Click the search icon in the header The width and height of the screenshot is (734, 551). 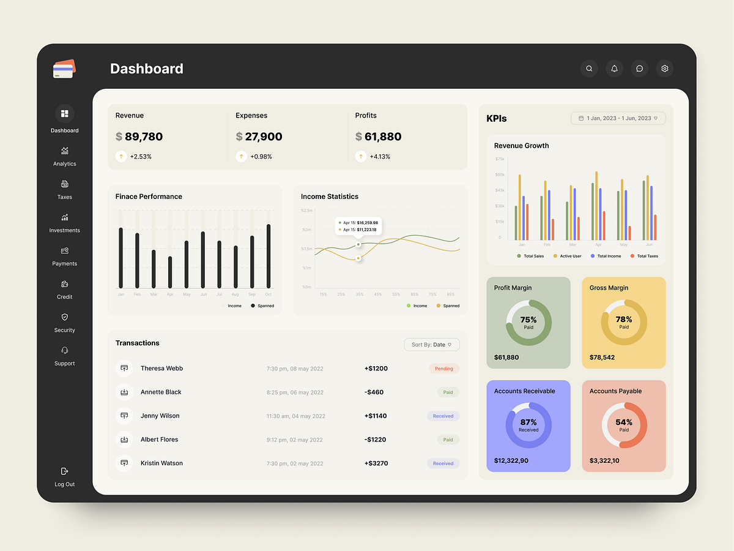(589, 69)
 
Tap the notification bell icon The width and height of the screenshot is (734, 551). (614, 69)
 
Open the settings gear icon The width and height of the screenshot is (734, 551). (665, 69)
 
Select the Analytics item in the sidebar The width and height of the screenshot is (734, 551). (64, 156)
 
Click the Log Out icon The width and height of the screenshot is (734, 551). (64, 471)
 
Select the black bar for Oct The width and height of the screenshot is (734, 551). (268, 256)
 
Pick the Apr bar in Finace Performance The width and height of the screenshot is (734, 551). (170, 272)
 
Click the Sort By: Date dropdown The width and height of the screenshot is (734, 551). (432, 345)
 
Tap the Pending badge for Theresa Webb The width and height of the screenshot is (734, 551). (444, 369)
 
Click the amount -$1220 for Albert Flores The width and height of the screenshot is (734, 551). (376, 440)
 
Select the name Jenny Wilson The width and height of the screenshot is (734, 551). (160, 416)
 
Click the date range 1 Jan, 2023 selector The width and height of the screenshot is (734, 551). (618, 118)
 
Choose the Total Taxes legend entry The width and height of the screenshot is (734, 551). (647, 256)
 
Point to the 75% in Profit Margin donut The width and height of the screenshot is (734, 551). (528, 320)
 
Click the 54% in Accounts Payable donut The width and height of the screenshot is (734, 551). (624, 422)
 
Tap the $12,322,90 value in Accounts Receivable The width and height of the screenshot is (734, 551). (511, 460)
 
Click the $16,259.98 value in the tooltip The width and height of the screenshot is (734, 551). (367, 222)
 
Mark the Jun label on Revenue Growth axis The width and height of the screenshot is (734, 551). (650, 244)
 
